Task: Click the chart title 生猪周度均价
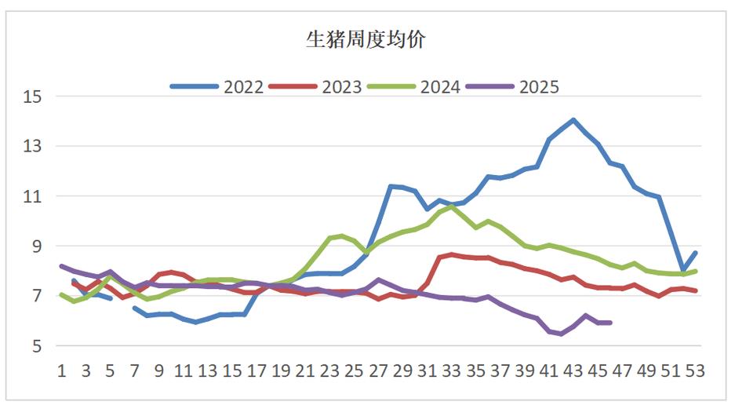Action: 365,40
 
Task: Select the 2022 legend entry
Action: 244,87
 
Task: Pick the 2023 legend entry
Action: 342,87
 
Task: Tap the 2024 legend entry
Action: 440,87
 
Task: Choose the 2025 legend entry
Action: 539,87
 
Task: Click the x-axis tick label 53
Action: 696,371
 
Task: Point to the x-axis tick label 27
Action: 379,371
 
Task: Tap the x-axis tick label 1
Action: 61,371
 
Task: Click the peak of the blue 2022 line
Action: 574,120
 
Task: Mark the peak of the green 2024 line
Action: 452,206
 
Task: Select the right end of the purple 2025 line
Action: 610,323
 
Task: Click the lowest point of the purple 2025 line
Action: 562,334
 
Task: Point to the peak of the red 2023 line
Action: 452,254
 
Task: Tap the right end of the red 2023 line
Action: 696,291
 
